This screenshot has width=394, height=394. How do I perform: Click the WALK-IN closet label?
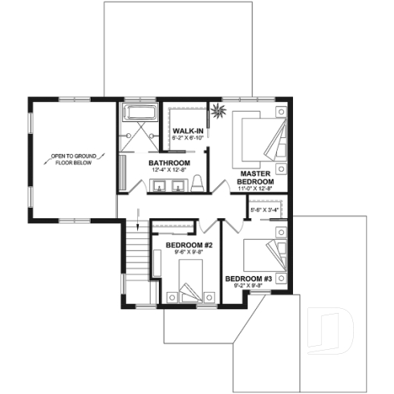188,130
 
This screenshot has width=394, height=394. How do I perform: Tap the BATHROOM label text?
167,162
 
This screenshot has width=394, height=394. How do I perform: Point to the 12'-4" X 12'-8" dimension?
167,170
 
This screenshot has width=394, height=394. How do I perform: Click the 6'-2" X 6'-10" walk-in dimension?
188,138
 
